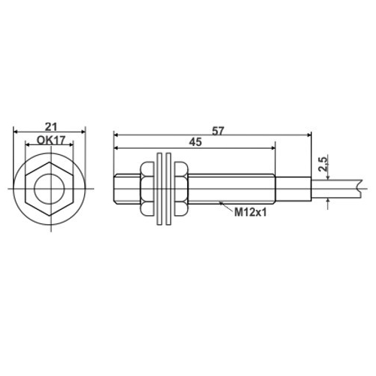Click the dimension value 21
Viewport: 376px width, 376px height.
point(51,126)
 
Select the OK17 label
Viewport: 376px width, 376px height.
point(51,140)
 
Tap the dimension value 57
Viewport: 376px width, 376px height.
point(217,131)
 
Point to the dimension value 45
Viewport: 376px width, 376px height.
point(196,142)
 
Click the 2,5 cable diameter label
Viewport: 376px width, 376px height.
point(323,164)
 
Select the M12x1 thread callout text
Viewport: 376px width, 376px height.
point(250,213)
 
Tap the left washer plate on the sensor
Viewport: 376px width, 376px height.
point(159,189)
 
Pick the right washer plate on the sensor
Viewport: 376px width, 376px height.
point(168,189)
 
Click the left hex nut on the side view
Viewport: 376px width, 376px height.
point(147,189)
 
